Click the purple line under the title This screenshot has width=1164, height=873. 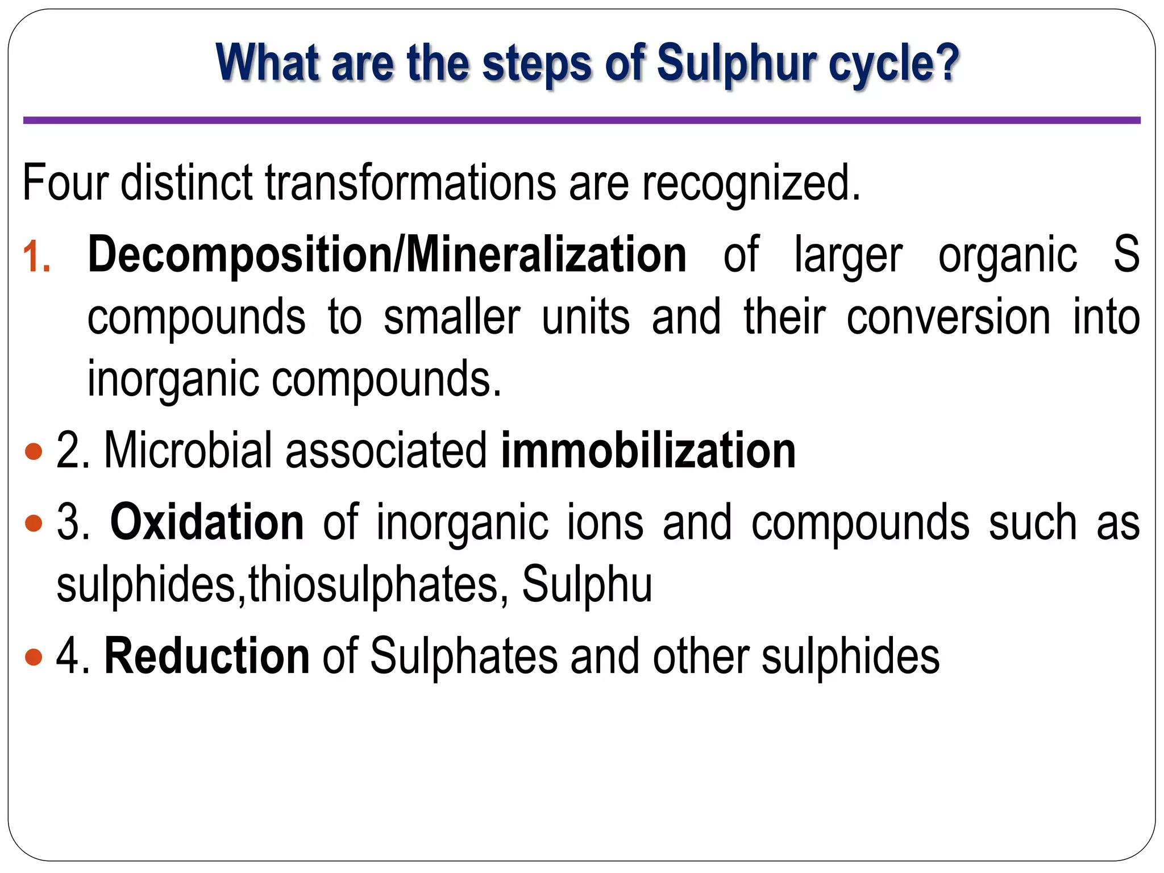tap(581, 120)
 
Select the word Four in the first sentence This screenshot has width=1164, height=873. tap(65, 183)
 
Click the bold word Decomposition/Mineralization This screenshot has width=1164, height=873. tap(387, 255)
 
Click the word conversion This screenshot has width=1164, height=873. tap(948, 317)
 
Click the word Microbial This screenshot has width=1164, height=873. tap(188, 450)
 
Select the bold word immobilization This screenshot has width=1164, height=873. tap(648, 450)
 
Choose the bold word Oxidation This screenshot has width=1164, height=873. tap(207, 522)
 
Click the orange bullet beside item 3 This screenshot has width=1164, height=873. tap(34, 523)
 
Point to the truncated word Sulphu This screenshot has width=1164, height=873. tap(587, 584)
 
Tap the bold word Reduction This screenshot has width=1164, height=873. tap(207, 656)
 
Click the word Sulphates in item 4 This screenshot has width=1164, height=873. tap(464, 656)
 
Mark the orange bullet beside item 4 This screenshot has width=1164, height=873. tap(34, 657)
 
